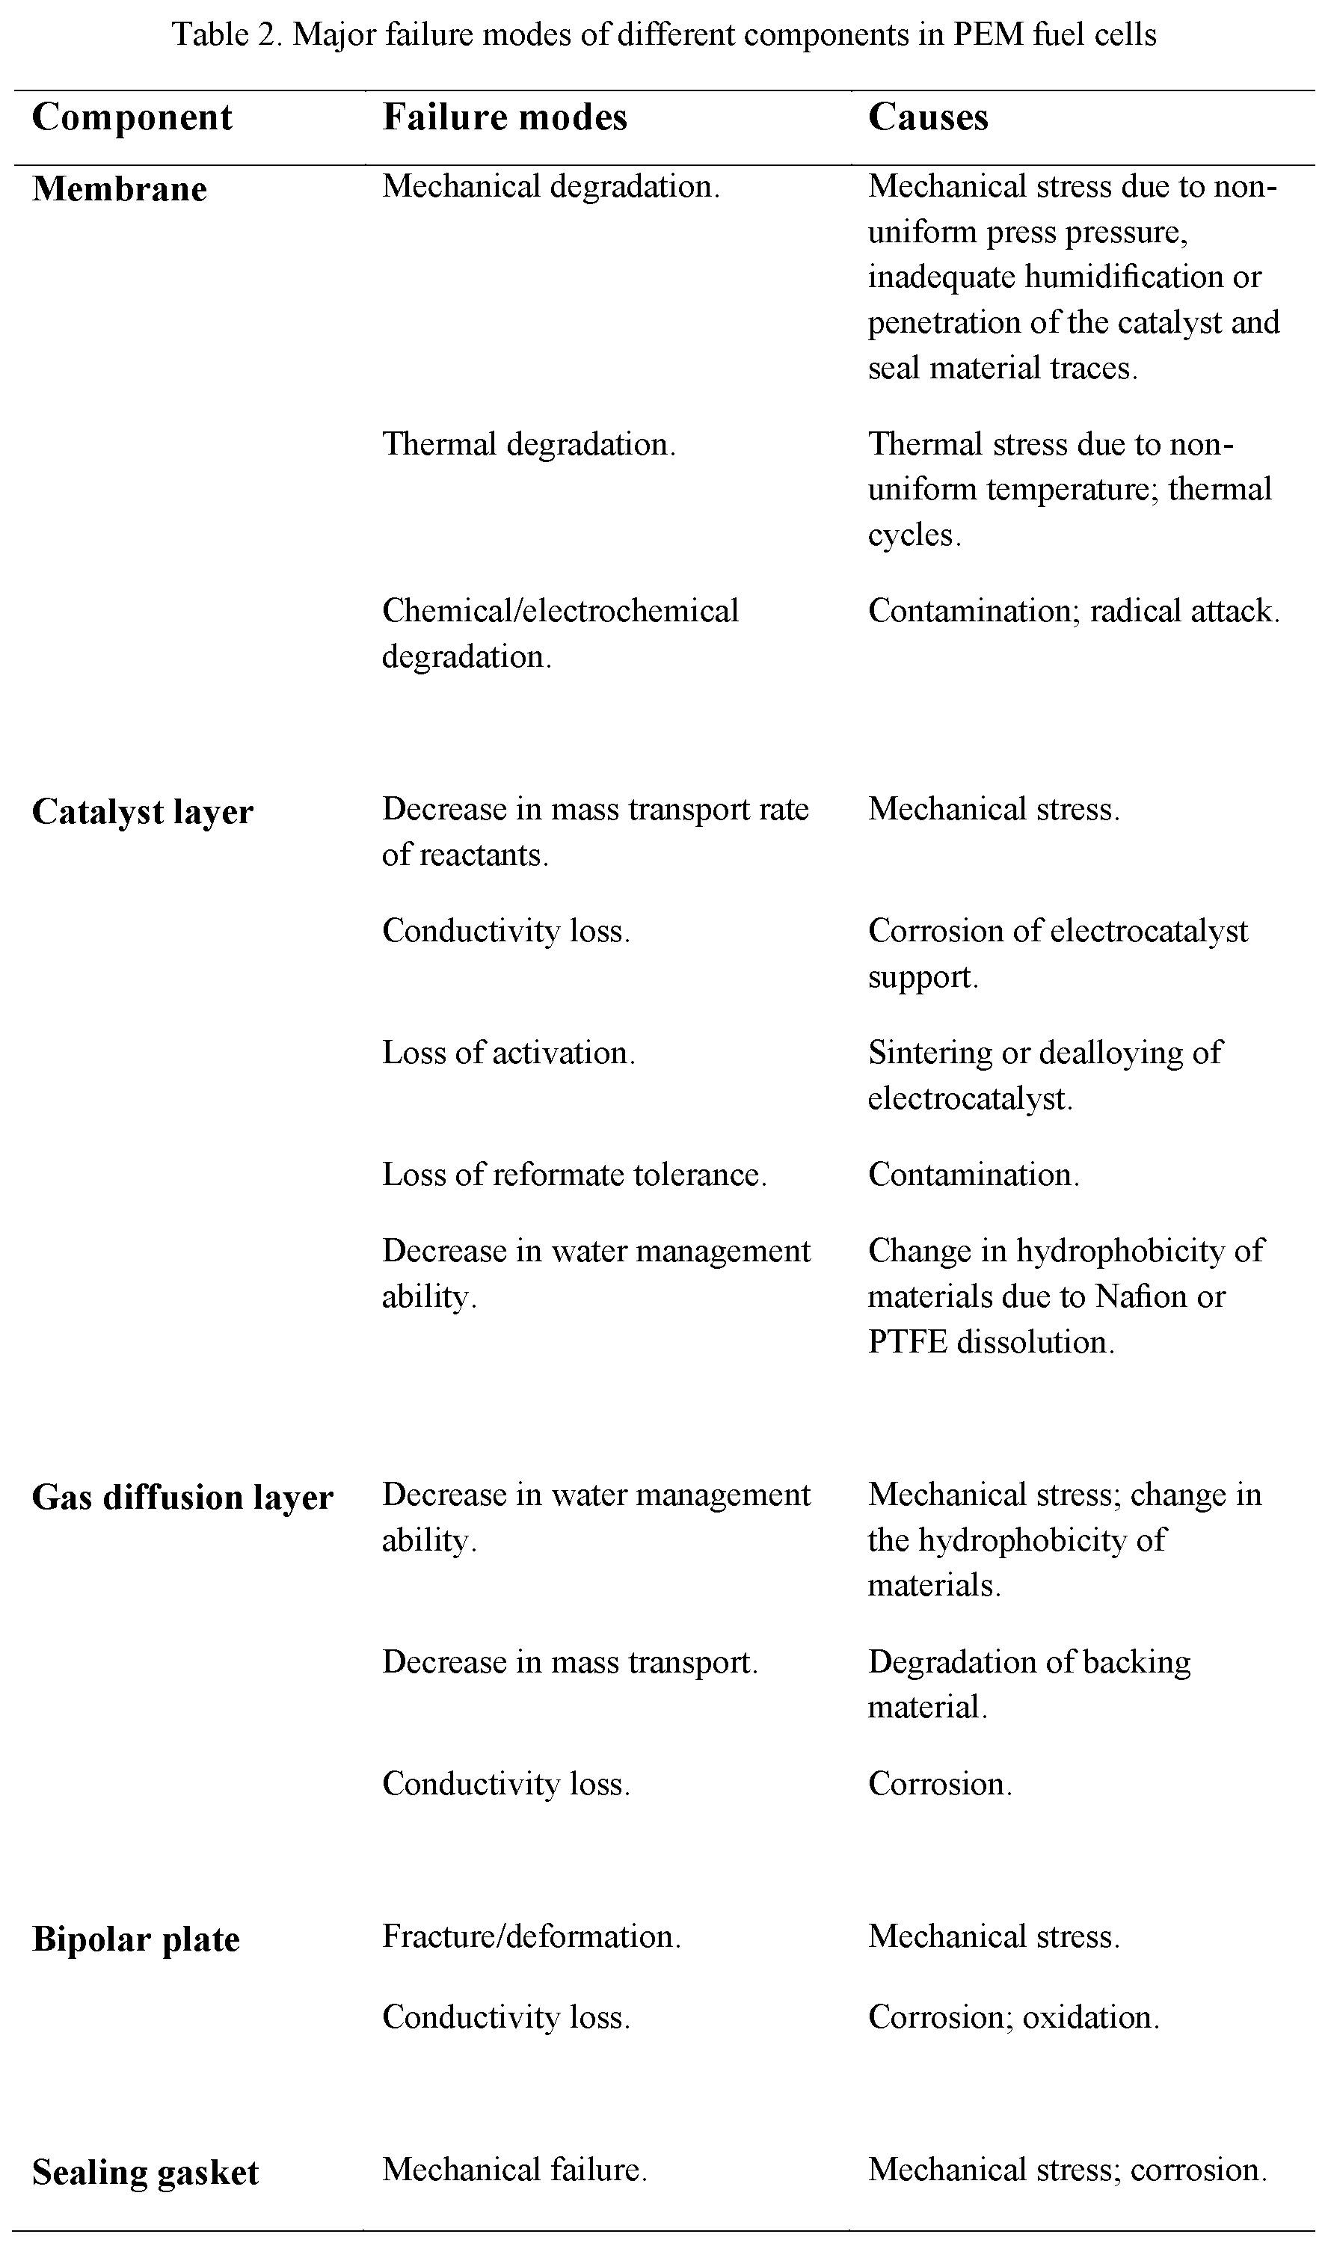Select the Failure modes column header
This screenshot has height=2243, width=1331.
coord(504,117)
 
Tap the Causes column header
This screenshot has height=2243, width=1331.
coord(927,117)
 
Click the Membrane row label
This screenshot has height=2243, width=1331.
coord(120,189)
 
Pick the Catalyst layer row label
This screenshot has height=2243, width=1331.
coord(143,812)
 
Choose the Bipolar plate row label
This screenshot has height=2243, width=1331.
coord(135,1939)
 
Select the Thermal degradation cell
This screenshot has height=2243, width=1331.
coord(528,444)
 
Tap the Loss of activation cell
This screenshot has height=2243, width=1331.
coord(508,1052)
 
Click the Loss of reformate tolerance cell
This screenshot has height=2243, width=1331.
coord(574,1174)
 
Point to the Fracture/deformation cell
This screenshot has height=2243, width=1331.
coord(531,1936)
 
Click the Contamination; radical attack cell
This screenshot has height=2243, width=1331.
coord(1073,611)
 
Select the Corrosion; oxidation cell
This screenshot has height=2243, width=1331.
coord(1013,2017)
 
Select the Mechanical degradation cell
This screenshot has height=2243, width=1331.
coord(550,187)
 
